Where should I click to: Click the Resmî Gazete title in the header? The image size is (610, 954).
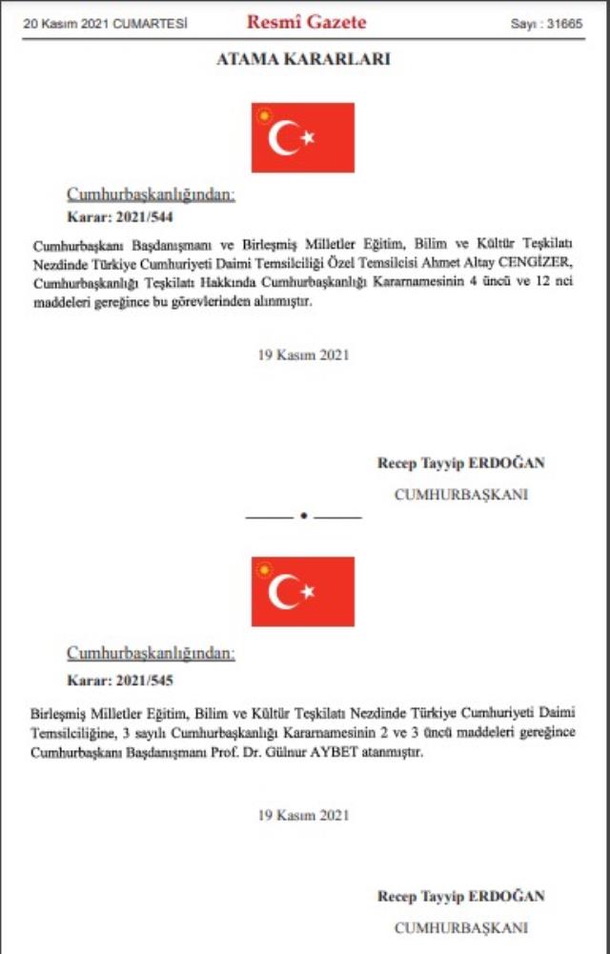click(x=305, y=22)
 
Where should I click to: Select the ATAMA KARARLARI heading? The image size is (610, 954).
click(x=304, y=59)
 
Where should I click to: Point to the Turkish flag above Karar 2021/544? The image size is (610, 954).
click(x=303, y=138)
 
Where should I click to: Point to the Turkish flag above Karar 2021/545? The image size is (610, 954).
click(x=303, y=592)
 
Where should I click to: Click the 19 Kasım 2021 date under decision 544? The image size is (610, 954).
click(x=303, y=355)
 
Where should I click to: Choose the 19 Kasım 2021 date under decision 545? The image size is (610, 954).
click(x=303, y=815)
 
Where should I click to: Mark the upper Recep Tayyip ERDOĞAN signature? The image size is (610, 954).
click(x=461, y=464)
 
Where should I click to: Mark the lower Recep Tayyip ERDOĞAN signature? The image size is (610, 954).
click(x=461, y=896)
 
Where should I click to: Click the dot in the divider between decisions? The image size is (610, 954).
click(x=304, y=517)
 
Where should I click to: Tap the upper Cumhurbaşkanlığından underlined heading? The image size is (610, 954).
click(x=150, y=195)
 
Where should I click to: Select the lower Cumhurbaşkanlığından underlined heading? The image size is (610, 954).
click(x=150, y=654)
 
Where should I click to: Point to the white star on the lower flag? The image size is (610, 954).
click(x=308, y=592)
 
